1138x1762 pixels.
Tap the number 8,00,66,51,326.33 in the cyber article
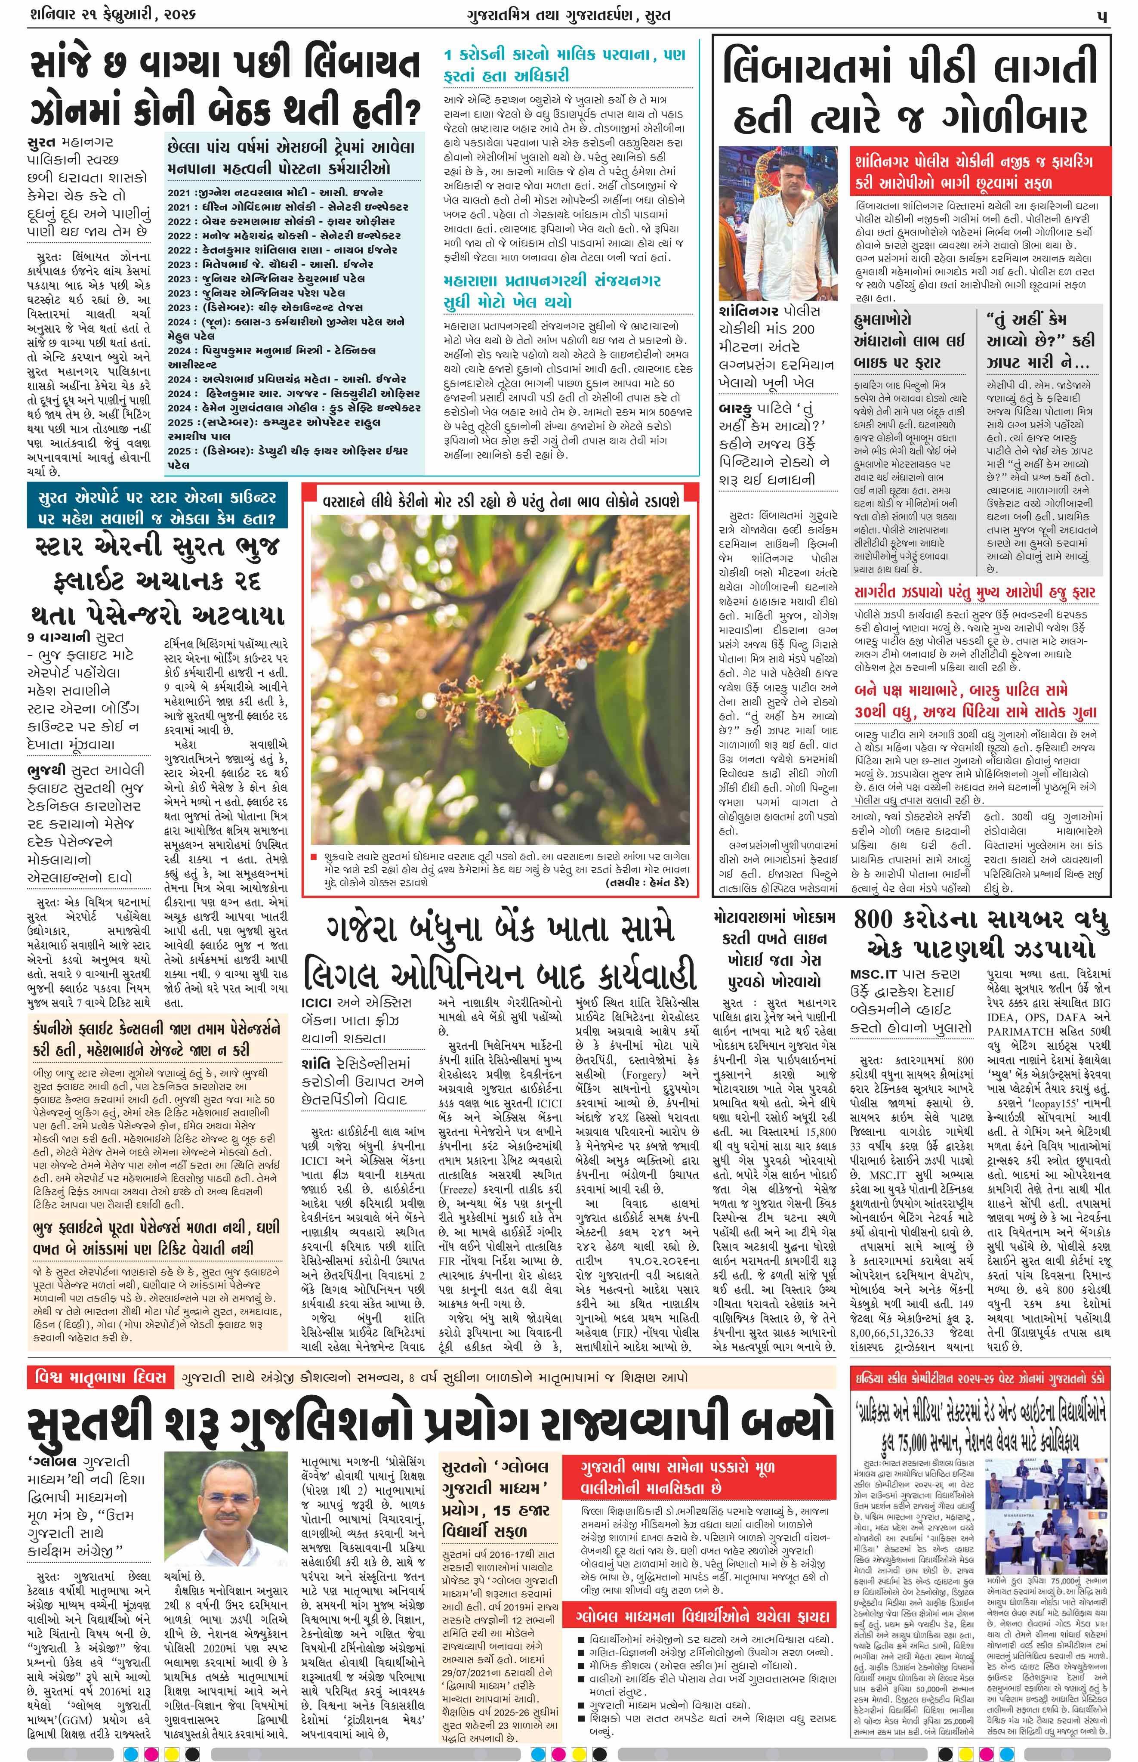tap(893, 1332)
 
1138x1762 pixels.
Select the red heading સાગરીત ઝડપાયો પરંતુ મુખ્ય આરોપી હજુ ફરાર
tap(975, 593)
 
